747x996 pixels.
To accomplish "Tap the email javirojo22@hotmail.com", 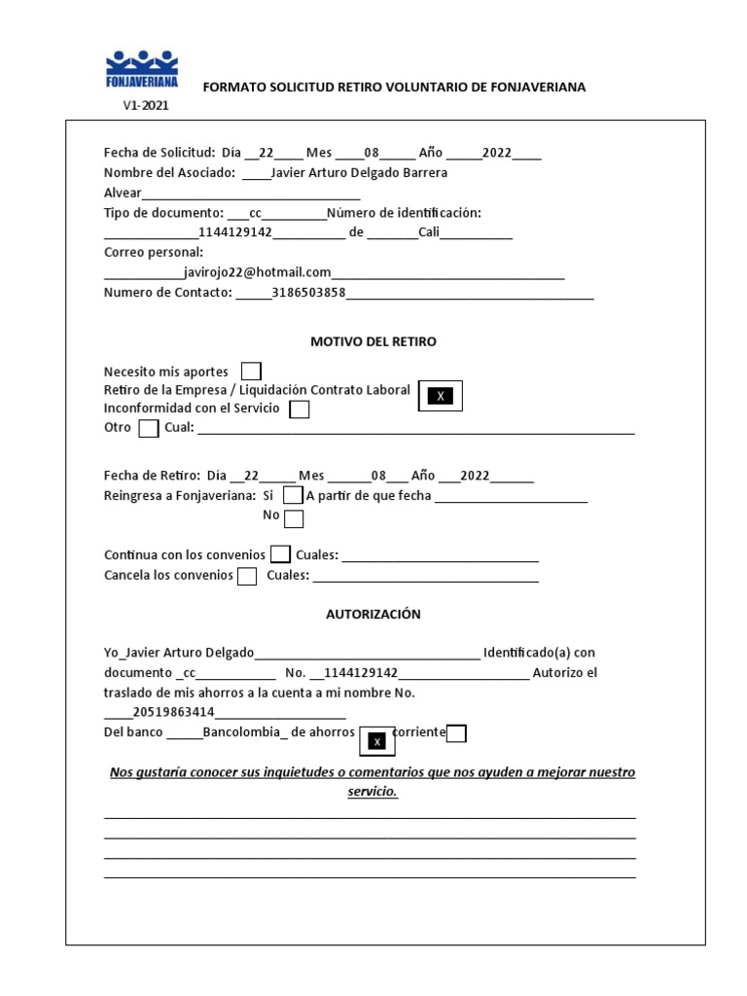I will coord(258,273).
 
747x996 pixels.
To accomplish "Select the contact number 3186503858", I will coord(309,293).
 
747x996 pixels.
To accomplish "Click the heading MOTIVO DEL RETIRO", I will coord(373,342).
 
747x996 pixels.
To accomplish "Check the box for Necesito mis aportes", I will coord(251,372).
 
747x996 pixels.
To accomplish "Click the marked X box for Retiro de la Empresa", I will coord(441,396).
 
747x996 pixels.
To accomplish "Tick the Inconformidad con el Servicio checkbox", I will coord(300,409).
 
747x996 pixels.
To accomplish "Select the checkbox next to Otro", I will coord(148,429).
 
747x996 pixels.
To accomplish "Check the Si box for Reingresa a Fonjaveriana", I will coord(293,496).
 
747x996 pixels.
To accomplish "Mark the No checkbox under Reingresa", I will coord(294,517).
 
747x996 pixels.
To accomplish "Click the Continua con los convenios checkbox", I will coord(280,555).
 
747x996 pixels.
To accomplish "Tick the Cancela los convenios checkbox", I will coord(247,576).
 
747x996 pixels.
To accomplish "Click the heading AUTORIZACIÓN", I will coord(373,615).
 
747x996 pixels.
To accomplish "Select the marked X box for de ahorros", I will coord(377,741).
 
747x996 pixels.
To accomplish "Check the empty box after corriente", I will coord(456,733).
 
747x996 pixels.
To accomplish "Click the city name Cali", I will coord(431,232).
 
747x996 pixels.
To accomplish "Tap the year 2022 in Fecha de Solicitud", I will coord(496,153).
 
